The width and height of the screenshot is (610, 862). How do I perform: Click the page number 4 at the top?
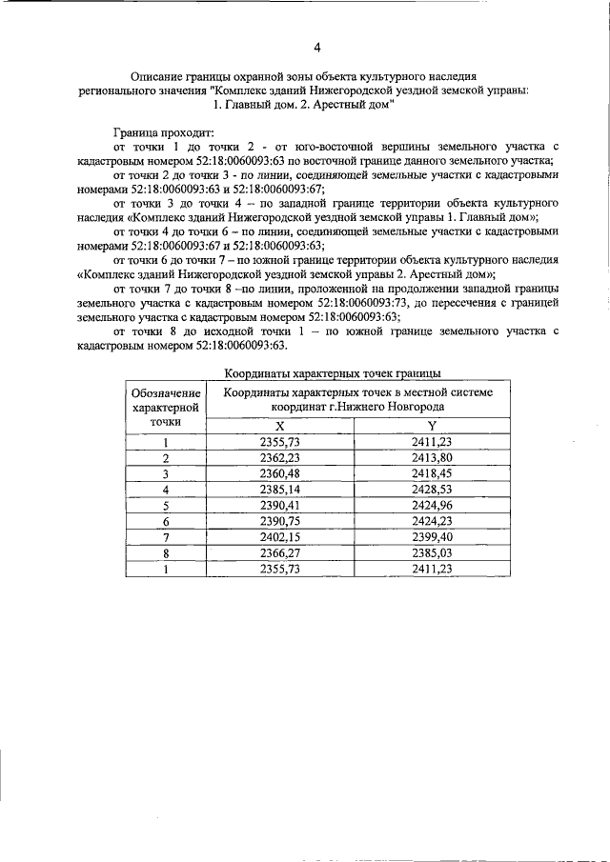[316, 48]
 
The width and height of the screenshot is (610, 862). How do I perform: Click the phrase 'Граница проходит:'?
[163, 132]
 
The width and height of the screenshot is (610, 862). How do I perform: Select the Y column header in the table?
[431, 425]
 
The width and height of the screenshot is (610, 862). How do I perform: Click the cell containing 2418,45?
[431, 473]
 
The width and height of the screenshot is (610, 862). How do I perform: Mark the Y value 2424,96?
[431, 505]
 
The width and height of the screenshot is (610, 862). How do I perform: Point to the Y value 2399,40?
[431, 536]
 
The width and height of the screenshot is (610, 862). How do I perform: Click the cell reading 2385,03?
[431, 552]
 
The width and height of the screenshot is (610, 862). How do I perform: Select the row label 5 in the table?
[166, 505]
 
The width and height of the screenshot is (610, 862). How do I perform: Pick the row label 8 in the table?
[166, 552]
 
